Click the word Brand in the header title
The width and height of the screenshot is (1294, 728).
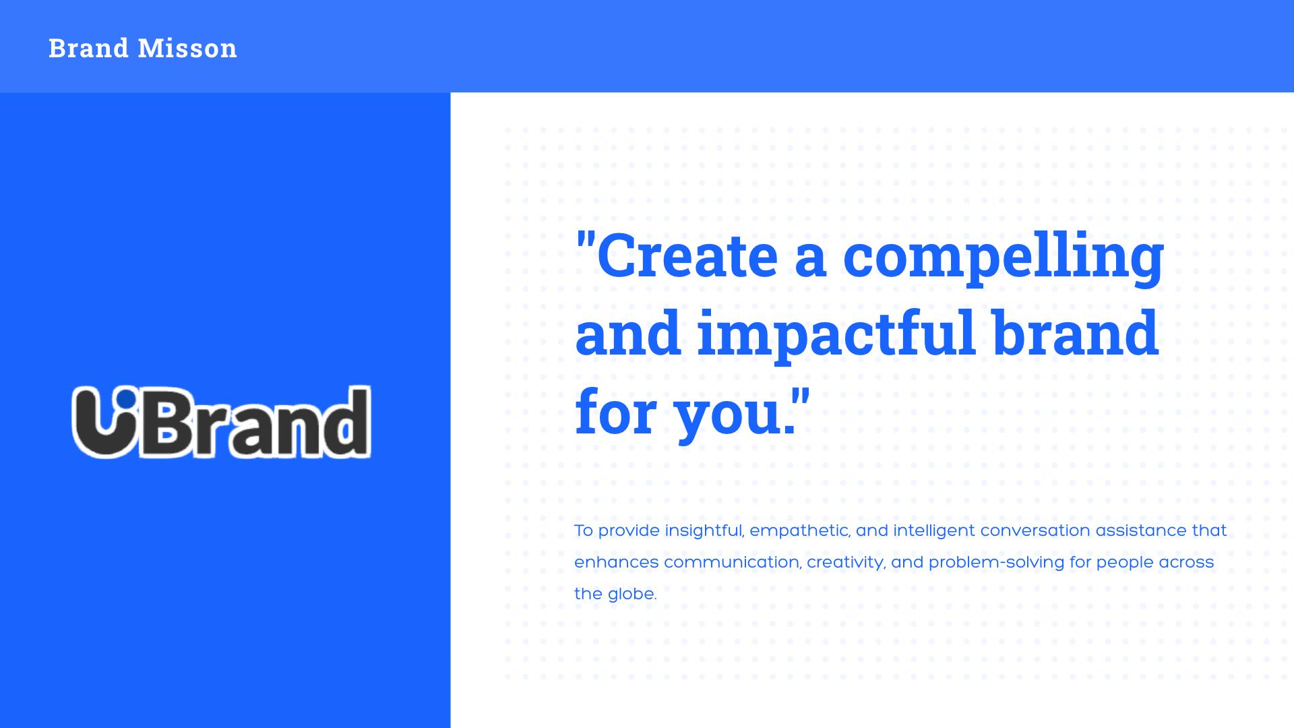pyautogui.click(x=88, y=48)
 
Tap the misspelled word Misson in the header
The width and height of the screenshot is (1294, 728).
pyautogui.click(x=187, y=48)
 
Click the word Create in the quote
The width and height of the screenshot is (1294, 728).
pyautogui.click(x=687, y=255)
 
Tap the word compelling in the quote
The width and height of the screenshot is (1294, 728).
pyautogui.click(x=1004, y=260)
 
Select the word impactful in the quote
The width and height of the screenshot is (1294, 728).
pyautogui.click(x=836, y=337)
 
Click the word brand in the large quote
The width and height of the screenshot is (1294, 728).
pyautogui.click(x=1076, y=333)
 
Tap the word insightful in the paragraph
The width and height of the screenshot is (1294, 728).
pyautogui.click(x=704, y=531)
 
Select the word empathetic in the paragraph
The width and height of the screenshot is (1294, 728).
pyautogui.click(x=800, y=531)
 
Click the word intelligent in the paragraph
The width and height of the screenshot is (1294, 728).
pyautogui.click(x=934, y=531)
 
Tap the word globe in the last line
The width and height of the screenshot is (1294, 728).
pyautogui.click(x=631, y=594)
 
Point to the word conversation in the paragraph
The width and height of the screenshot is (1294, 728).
pyautogui.click(x=1035, y=531)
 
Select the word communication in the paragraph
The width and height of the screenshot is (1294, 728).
pyautogui.click(x=733, y=563)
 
